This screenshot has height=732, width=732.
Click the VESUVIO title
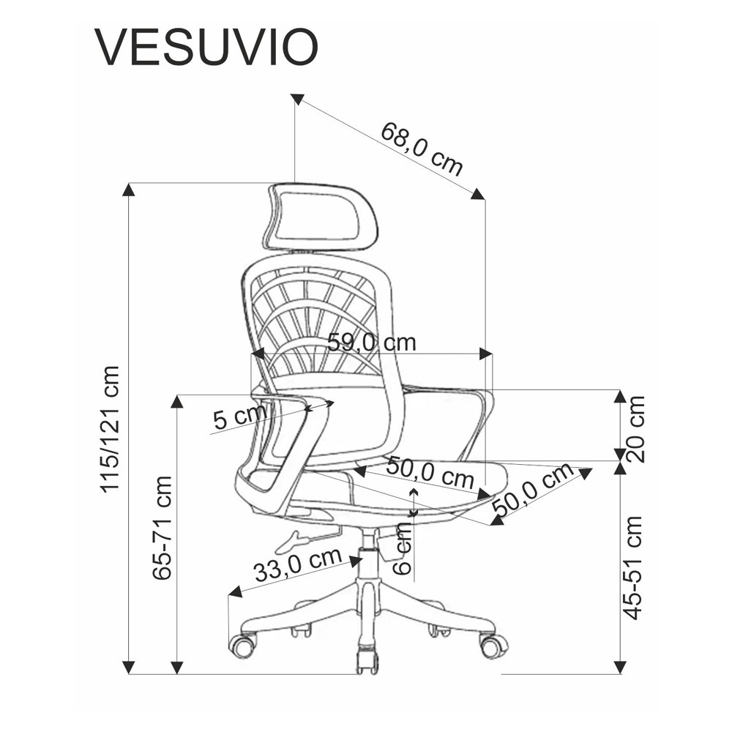206,48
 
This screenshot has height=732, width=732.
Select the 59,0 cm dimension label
371,342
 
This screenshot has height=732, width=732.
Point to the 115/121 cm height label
110,428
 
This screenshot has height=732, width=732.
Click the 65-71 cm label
163,528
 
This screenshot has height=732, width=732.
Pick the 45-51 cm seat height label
634,567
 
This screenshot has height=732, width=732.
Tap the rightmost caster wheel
493,645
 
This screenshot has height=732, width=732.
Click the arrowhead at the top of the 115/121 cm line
129,189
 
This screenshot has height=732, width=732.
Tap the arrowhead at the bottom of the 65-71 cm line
176,667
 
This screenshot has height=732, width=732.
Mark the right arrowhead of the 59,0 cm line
485,354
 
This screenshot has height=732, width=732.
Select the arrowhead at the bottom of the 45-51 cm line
620,667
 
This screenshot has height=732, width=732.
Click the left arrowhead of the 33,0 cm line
235,591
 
